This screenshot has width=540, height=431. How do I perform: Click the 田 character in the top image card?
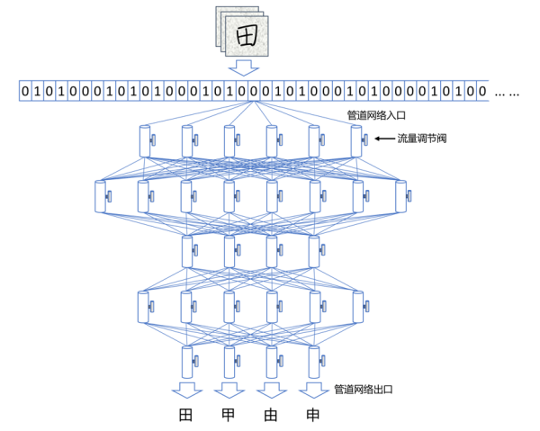click(244, 35)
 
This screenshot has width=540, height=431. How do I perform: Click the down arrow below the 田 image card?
click(244, 67)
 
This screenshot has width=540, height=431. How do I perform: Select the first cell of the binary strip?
click(25, 91)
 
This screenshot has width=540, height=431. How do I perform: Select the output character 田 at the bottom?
click(186, 416)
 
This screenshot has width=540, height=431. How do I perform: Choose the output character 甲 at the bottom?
click(229, 416)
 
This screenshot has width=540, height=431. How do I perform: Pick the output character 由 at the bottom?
click(271, 416)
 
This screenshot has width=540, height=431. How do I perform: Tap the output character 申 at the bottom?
click(313, 416)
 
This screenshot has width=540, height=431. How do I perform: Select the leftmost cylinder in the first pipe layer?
click(144, 141)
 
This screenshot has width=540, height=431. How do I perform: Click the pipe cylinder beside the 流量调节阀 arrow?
click(356, 141)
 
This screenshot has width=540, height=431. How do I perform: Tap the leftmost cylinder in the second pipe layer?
click(100, 196)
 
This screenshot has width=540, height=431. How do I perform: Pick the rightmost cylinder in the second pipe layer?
click(400, 196)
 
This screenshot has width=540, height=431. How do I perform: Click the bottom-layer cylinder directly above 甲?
click(229, 361)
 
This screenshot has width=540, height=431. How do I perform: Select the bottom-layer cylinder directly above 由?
click(272, 361)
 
